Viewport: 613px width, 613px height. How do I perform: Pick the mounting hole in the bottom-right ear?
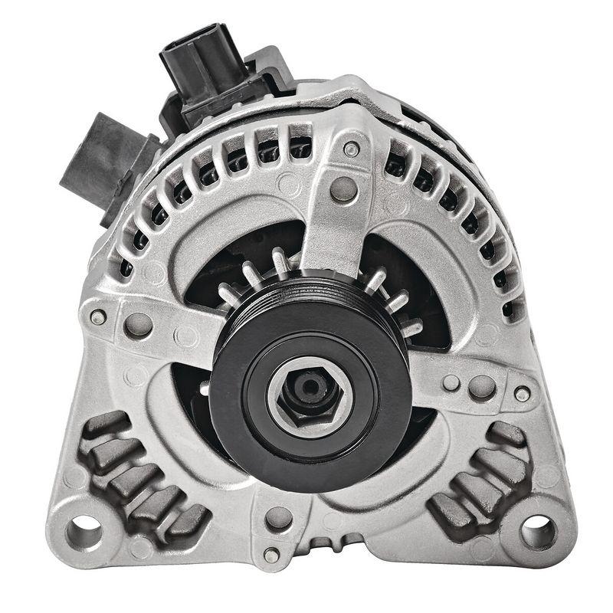click(x=538, y=529)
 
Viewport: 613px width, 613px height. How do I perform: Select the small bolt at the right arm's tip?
click(x=522, y=393)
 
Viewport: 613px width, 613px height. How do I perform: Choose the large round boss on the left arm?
click(x=138, y=324)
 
